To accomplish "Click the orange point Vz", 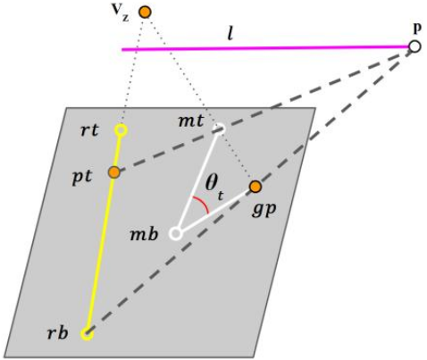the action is (145, 13).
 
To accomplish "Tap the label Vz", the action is (121, 13).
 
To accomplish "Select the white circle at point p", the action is (414, 46).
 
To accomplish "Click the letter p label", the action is (418, 29).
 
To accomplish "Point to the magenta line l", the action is (265, 48).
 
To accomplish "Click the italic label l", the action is (230, 34).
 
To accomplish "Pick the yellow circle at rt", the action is (121, 130).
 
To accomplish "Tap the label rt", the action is (89, 130).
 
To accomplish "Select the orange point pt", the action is (114, 172).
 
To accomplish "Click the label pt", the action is (82, 178).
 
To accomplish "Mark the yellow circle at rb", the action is (88, 334).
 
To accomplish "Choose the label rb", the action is (57, 332).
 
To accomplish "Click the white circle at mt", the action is (220, 129).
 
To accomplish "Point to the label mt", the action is (191, 121).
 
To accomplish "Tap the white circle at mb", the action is (176, 234).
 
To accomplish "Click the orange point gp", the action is (255, 187).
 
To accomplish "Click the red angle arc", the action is (203, 204).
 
